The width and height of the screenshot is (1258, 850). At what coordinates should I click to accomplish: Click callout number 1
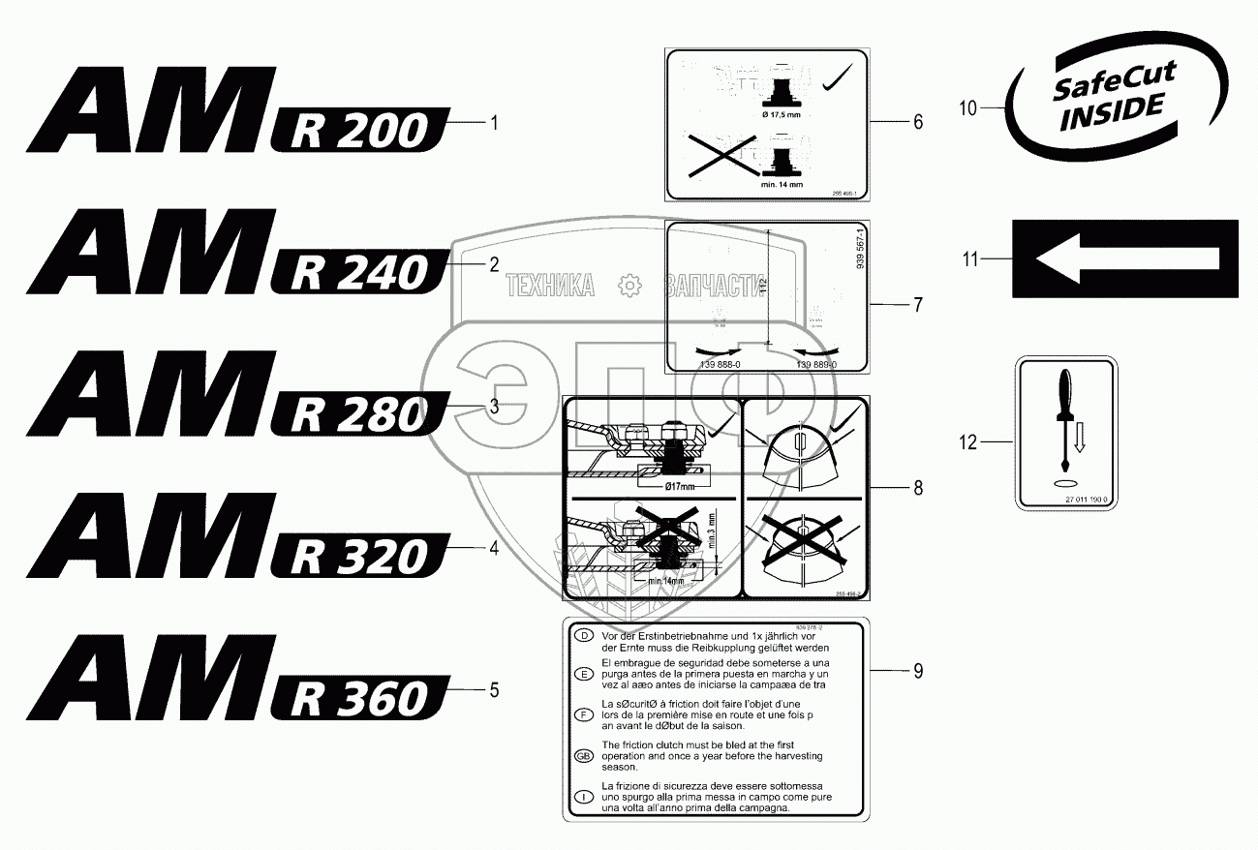tap(494, 123)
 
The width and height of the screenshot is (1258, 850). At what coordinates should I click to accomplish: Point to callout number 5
tap(494, 690)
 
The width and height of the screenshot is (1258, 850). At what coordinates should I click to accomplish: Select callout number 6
tap(918, 122)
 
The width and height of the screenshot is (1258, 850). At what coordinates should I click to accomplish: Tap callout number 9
tap(918, 670)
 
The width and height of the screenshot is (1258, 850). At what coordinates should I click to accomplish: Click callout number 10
tap(968, 108)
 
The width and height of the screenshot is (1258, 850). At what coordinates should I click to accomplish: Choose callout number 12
tap(968, 442)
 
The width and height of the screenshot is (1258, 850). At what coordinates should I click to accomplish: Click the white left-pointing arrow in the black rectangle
tap(1125, 259)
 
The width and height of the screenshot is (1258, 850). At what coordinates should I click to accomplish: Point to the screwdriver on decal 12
tap(1064, 416)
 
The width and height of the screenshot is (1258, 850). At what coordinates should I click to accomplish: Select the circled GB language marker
tap(583, 756)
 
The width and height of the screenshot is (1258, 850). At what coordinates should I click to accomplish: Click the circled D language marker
tap(583, 636)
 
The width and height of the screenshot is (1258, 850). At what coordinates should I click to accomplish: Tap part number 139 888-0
tap(719, 364)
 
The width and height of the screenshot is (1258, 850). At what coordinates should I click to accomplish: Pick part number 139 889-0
tap(816, 364)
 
